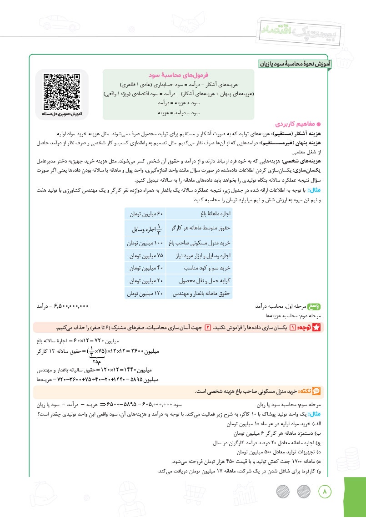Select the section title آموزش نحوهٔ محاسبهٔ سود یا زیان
click(295, 65)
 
